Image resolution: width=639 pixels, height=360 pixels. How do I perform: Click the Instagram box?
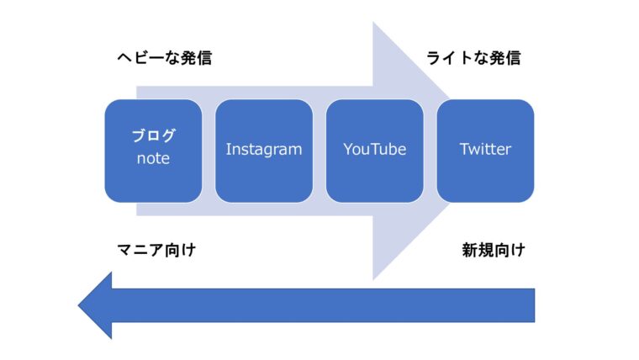click(264, 151)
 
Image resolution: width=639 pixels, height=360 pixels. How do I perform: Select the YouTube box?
click(375, 151)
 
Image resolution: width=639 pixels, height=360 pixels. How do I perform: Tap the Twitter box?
click(485, 151)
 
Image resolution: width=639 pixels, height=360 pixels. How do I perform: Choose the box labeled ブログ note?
click(153, 151)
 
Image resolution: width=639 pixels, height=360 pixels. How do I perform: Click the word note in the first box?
click(153, 158)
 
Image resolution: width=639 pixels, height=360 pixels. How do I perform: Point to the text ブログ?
click(154, 135)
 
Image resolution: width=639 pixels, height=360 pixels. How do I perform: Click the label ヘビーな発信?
click(165, 58)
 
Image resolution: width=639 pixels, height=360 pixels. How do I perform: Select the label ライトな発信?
click(473, 58)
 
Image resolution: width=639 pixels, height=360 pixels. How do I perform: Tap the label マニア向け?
click(157, 250)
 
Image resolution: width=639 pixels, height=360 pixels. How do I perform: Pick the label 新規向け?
click(494, 250)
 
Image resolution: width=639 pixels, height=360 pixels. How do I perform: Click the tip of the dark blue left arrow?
click(78, 305)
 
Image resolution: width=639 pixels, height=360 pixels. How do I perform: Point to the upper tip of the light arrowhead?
click(372, 23)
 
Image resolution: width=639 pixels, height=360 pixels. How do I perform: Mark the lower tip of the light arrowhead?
click(372, 280)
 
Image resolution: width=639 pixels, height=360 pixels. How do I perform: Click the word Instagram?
click(264, 150)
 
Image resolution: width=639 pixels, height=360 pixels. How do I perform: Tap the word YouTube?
click(375, 149)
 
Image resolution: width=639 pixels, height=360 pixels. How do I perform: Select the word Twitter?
click(485, 149)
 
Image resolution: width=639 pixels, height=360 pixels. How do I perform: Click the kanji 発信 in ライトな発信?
click(505, 58)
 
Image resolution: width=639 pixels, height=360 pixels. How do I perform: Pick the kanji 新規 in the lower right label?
click(478, 250)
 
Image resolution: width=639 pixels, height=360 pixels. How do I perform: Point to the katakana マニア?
click(140, 250)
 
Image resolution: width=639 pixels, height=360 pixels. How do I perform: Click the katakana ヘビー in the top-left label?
click(141, 58)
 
